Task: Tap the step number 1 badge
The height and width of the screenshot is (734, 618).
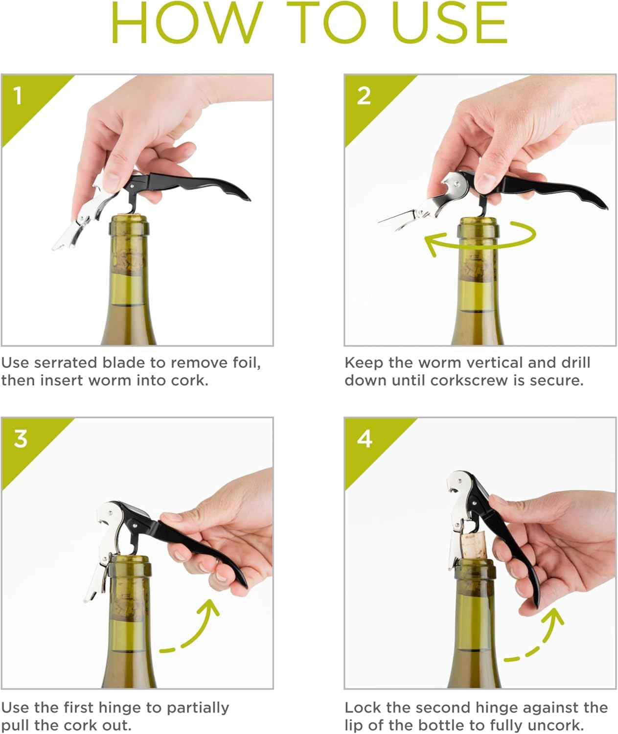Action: pyautogui.click(x=18, y=95)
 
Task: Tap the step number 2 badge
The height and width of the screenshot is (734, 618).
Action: pyautogui.click(x=364, y=95)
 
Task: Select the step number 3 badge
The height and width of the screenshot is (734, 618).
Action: pyautogui.click(x=20, y=438)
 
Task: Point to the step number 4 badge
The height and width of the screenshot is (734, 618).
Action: pyautogui.click(x=365, y=439)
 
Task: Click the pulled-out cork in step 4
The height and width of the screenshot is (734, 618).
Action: pyautogui.click(x=475, y=546)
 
